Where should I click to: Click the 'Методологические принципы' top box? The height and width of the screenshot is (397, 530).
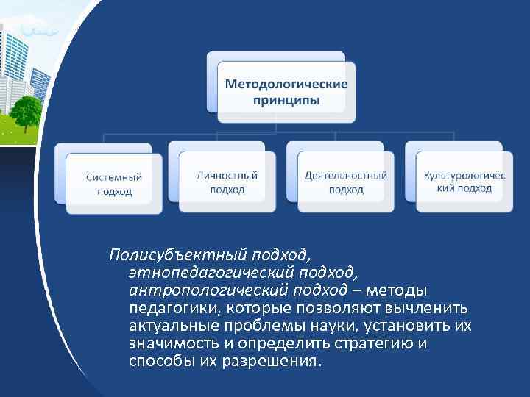(286, 92)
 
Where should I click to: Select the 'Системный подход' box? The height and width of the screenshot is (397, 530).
(114, 184)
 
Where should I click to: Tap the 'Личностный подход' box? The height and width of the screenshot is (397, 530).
(227, 182)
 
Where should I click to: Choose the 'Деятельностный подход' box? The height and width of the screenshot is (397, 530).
(346, 182)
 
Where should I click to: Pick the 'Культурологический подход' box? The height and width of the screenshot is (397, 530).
(464, 182)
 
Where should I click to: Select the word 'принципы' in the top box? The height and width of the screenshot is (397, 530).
(286, 99)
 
